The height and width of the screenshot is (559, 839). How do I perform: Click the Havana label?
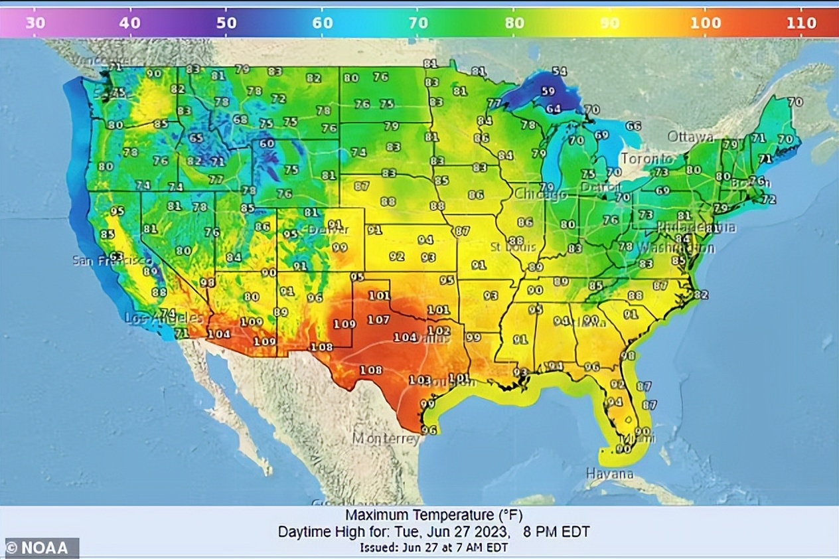609,474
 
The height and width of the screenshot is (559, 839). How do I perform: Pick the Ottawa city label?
691,137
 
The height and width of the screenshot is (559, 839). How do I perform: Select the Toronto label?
647,159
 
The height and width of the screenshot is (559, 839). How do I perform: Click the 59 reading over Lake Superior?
548,92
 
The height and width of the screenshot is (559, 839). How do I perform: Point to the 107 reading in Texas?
378,319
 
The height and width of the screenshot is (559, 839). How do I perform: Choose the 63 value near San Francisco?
117,256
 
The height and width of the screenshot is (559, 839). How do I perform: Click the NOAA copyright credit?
40,548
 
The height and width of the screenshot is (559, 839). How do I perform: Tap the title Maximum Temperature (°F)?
429,515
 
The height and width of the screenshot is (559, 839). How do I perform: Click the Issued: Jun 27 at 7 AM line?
435,548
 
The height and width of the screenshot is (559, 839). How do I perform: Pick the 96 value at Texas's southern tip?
429,430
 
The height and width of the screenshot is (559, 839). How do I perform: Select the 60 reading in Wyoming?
266,143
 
